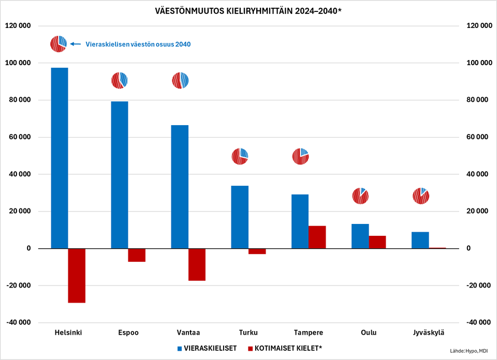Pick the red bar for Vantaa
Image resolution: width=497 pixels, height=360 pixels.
(x=197, y=264)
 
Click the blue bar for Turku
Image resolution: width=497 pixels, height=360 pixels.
(x=240, y=217)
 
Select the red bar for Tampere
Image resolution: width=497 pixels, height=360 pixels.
(x=317, y=237)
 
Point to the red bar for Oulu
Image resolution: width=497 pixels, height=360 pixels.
(x=377, y=242)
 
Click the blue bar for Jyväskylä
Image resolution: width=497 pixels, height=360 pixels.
(x=420, y=240)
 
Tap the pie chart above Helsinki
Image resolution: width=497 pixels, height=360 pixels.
(x=59, y=44)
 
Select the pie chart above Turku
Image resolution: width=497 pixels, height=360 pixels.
(x=240, y=156)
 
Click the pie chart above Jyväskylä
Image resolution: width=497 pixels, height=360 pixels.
(x=420, y=196)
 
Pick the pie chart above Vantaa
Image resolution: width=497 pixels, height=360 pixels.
(x=180, y=81)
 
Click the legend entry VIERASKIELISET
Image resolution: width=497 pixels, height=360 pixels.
(x=207, y=348)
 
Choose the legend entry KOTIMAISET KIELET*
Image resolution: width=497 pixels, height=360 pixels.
(x=285, y=348)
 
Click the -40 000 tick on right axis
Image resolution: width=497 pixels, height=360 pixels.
(x=478, y=322)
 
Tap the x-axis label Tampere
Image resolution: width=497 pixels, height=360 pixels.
(x=309, y=332)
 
